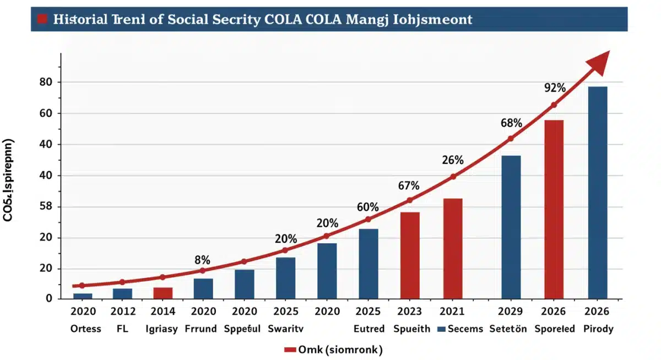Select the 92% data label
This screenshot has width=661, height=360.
[x=555, y=88]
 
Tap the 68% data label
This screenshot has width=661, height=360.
[x=511, y=123]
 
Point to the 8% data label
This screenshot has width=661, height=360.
[x=203, y=260]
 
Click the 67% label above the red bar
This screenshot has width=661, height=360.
[x=409, y=186]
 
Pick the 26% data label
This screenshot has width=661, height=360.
[x=453, y=160]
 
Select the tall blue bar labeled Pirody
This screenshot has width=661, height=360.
[x=597, y=193]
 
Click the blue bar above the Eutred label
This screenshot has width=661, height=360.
[x=369, y=264]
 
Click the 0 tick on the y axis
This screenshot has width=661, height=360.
[x=49, y=298]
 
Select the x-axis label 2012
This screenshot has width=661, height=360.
[x=122, y=312]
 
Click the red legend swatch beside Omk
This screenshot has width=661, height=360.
[x=290, y=350]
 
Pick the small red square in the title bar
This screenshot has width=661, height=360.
[x=42, y=19]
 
